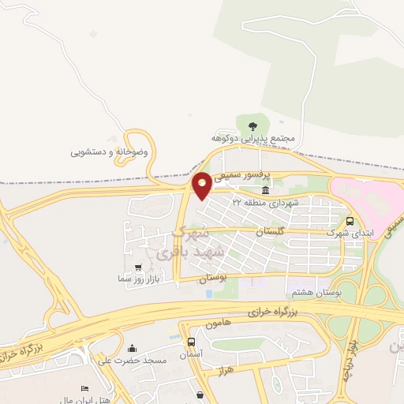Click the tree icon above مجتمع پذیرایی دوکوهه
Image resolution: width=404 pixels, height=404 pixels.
(x=252, y=125)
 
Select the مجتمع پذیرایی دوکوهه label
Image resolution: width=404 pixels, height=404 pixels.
(x=257, y=138)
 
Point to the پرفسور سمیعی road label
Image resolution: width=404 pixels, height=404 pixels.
(x=245, y=173)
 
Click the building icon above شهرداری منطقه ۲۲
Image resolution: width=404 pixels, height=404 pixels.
(x=266, y=191)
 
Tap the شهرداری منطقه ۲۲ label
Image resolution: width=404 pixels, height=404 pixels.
(x=265, y=202)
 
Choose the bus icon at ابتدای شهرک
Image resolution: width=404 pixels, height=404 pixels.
(x=350, y=222)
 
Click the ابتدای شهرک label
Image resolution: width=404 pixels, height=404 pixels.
(x=350, y=234)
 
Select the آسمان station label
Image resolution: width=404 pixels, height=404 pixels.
(x=192, y=354)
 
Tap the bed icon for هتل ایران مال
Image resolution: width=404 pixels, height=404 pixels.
(x=85, y=389)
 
